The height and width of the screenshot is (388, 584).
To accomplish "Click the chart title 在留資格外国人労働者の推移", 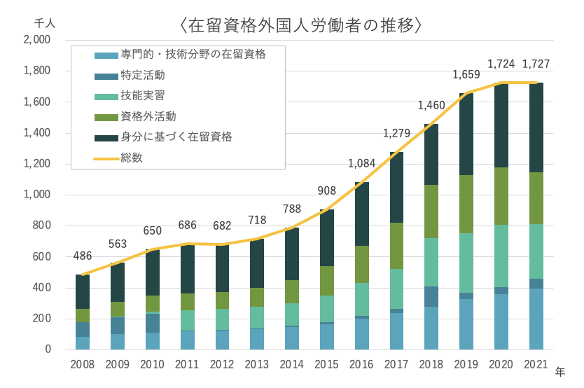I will click(x=300, y=26).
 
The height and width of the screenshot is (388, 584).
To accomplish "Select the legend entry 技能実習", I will click(x=143, y=95).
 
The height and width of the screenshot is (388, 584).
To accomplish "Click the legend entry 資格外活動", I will click(x=148, y=116).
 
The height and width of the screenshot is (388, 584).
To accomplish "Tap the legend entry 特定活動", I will click(x=143, y=75).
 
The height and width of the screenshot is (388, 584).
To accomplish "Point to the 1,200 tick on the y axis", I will click(x=37, y=164).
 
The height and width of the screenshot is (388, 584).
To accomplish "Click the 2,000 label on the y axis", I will click(x=37, y=40).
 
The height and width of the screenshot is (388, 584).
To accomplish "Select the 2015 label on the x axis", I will click(x=326, y=364).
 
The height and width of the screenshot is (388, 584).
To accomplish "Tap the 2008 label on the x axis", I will click(x=83, y=364).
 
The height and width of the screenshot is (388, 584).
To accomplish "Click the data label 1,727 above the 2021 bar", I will click(x=536, y=64).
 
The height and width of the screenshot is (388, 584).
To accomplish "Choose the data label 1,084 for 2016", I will click(x=361, y=164).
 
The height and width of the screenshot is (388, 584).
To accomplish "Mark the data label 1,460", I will click(x=431, y=106).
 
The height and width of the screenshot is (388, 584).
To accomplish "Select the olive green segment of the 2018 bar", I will click(x=431, y=211).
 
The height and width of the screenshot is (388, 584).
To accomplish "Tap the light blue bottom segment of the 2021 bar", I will click(x=536, y=319).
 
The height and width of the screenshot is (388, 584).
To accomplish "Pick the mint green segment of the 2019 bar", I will click(x=466, y=263).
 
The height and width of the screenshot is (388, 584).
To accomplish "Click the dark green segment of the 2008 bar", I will click(x=83, y=291).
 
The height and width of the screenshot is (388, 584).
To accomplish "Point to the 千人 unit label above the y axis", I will click(x=43, y=22).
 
